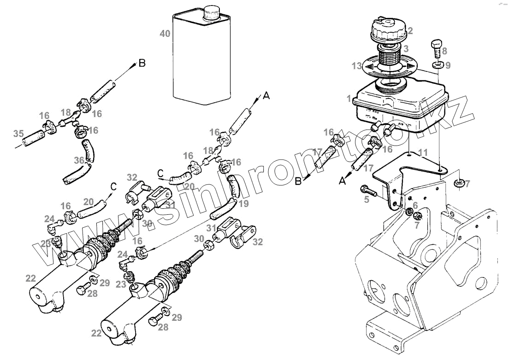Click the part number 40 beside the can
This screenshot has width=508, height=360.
164,34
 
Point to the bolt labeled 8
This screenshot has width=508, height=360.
436,48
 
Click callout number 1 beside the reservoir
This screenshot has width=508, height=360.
349,98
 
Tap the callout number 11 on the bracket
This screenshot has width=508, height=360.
423,152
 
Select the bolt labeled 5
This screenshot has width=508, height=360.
369,189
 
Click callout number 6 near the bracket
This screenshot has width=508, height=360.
415,206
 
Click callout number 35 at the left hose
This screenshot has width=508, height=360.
18,134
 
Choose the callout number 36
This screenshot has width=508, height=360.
79,160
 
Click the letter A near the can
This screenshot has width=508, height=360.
266,96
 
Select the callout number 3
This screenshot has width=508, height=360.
405,49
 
